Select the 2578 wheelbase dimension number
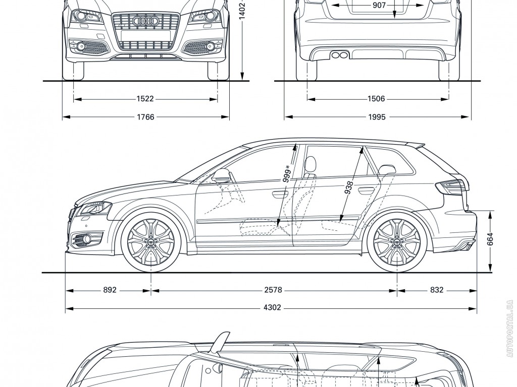[x=273, y=290]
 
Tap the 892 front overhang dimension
[x=110, y=290]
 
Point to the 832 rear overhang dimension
[x=437, y=290]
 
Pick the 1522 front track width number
[x=145, y=99]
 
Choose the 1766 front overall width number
[x=145, y=117]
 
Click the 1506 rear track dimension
[x=376, y=99]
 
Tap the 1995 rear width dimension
[x=376, y=117]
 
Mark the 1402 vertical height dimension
[x=242, y=10]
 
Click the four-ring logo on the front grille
[x=145, y=21]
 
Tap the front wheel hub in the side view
[x=151, y=242]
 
